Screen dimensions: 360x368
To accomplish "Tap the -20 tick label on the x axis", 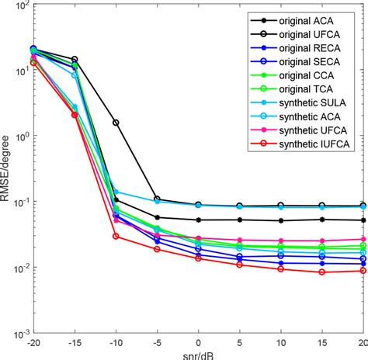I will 33,342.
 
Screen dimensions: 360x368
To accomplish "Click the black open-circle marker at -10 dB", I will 116,123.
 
